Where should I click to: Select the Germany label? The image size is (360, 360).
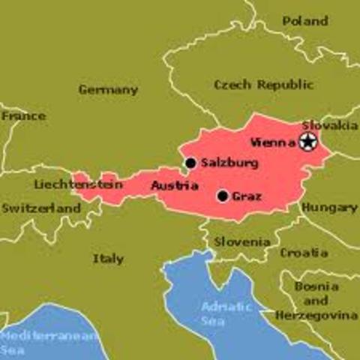click(x=108, y=90)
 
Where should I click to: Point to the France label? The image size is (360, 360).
click(x=22, y=116)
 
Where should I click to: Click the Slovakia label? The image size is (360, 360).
click(x=329, y=125)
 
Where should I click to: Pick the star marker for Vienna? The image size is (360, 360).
click(x=307, y=142)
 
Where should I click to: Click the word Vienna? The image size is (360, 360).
click(x=273, y=142)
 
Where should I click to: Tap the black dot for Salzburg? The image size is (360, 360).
click(x=190, y=163)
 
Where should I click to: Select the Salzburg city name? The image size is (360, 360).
click(x=229, y=163)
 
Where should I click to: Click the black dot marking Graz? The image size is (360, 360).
click(x=222, y=196)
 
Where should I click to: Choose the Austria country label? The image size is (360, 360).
click(x=174, y=185)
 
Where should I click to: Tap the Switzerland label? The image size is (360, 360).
click(x=40, y=207)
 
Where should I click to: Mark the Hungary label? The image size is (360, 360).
click(x=330, y=207)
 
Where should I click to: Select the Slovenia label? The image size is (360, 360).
click(x=241, y=242)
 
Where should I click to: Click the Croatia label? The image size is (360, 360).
click(x=304, y=253)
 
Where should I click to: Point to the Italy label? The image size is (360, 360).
click(x=108, y=259)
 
